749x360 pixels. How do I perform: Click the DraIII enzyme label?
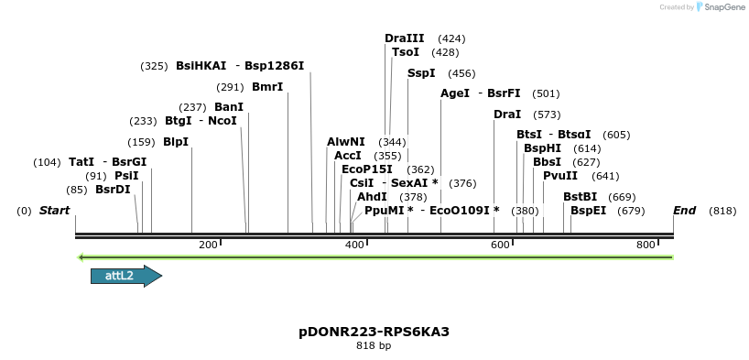pyautogui.click(x=404, y=38)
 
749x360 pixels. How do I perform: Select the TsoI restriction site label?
pyautogui.click(x=406, y=52)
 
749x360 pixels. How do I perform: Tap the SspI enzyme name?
pyautogui.click(x=421, y=73)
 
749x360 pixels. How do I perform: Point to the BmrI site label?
pyautogui.click(x=267, y=87)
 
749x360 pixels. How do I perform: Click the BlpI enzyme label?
pyautogui.click(x=176, y=142)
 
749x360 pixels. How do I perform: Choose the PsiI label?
pyautogui.click(x=126, y=176)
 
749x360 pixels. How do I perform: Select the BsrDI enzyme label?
pyautogui.click(x=113, y=190)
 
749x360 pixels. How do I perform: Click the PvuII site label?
pyautogui.click(x=560, y=176)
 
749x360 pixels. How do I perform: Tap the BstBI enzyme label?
pyautogui.click(x=580, y=197)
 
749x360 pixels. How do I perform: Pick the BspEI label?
pyautogui.click(x=588, y=211)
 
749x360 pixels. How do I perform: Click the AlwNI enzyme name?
pyautogui.click(x=346, y=142)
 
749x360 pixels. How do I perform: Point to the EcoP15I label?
pyautogui.click(x=367, y=169)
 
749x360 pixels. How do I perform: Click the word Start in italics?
pyautogui.click(x=54, y=211)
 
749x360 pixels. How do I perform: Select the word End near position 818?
pyautogui.click(x=684, y=211)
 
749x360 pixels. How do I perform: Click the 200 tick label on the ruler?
pyautogui.click(x=208, y=245)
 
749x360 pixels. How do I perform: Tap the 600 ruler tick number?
pyautogui.click(x=500, y=245)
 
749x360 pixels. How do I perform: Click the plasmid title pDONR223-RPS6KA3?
pyautogui.click(x=374, y=332)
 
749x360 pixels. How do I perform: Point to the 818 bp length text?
pyautogui.click(x=374, y=346)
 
